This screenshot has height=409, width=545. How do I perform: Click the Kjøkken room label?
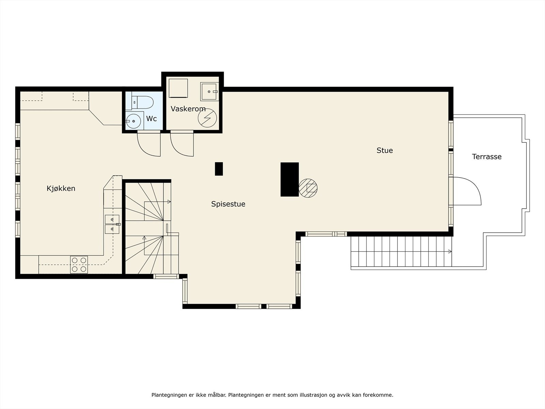coord(61,188)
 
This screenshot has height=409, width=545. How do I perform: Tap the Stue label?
coord(385,151)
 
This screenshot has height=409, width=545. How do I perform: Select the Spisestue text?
coord(228,204)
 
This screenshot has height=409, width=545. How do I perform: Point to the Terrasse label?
coord(487,157)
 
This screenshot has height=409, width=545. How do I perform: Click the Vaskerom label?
coord(188,109)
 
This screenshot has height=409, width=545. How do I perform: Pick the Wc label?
coord(152,119)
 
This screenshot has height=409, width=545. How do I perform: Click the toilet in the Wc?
coord(142,102)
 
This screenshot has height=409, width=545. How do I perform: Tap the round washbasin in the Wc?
coord(133,121)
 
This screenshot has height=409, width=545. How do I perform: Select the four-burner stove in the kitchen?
coord(79,264)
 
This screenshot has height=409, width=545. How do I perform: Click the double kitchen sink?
coord(112,224)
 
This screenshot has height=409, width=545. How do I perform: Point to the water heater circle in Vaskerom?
coord(207,118)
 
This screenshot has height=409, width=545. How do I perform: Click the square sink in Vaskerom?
coord(209,92)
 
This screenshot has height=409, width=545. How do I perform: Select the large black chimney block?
coord(290,180)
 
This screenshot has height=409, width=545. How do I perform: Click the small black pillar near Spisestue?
coord(219,169)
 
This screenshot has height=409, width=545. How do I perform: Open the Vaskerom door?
coord(182,145)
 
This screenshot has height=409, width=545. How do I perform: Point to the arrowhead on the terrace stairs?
coord(450,252)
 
